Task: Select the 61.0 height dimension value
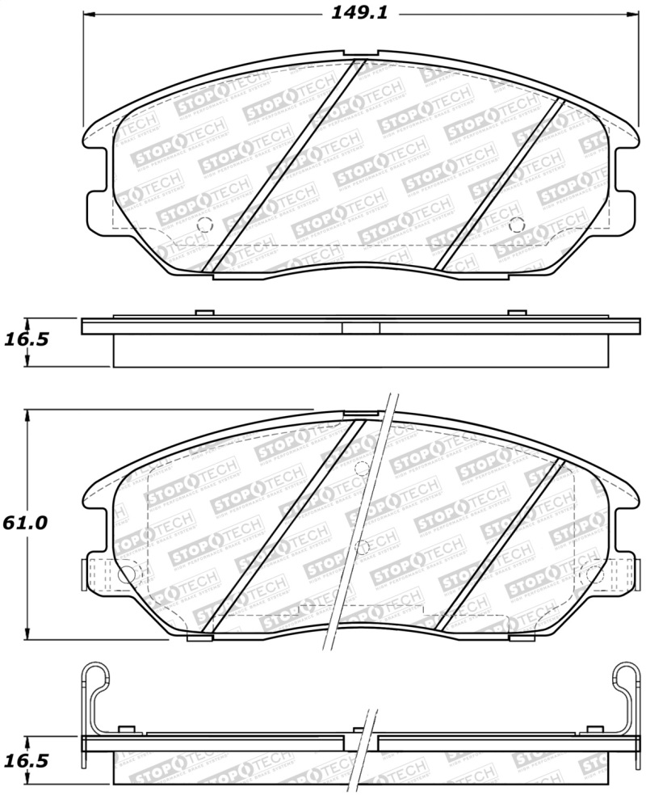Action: pos(25,523)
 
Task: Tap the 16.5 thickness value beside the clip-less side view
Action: pos(26,339)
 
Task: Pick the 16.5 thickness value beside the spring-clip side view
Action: pos(26,761)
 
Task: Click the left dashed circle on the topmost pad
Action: pos(203,225)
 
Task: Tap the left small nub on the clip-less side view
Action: pos(204,313)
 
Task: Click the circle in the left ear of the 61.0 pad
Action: pos(125,574)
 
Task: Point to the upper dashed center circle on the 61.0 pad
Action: pos(361,467)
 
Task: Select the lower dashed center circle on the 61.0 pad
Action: pos(363,548)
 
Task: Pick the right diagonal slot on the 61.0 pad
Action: pos(501,545)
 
